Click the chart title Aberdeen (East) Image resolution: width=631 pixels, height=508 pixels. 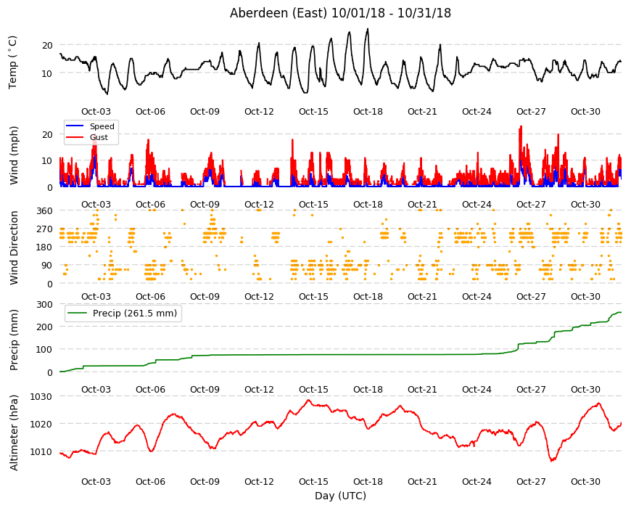tap(278, 13)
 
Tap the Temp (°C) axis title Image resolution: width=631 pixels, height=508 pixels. tap(13, 62)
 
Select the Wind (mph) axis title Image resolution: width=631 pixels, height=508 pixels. tap(14, 155)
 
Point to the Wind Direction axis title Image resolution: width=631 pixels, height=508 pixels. tap(14, 248)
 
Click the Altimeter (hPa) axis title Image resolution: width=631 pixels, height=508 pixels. tap(14, 433)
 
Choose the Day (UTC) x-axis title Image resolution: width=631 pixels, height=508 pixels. tap(340, 496)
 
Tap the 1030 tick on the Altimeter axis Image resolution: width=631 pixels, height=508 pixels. tap(41, 396)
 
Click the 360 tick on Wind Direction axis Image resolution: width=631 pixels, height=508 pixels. tap(44, 210)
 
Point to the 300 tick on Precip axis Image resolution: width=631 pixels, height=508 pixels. tap(44, 304)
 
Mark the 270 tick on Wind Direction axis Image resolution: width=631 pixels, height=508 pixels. tap(44, 229)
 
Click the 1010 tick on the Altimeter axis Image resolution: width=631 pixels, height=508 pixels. tap(41, 451)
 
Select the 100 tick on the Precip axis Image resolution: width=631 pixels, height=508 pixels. tap(44, 350)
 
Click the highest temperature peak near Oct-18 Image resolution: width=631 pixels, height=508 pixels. tap(368, 29)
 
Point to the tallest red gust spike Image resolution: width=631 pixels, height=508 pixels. tap(521, 126)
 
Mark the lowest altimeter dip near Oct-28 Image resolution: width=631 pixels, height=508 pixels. tap(552, 461)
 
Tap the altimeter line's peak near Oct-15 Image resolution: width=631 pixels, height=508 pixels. tap(308, 400)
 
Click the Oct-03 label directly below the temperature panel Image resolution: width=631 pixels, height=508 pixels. tap(96, 112)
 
